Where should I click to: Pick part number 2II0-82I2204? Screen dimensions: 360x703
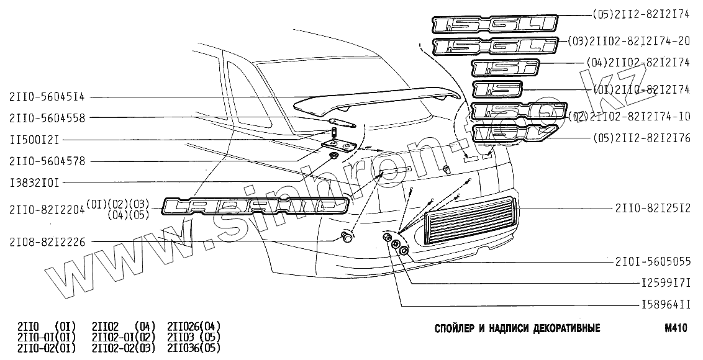(47, 210)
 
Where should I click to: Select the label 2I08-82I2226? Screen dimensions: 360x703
(47, 241)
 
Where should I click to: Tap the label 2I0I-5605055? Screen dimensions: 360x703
(653, 262)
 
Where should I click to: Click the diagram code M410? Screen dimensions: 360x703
(675, 328)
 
